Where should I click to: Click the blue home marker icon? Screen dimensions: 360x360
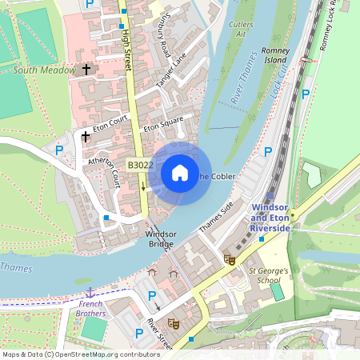[x=180, y=173]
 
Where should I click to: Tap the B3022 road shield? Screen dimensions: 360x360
[x=141, y=165]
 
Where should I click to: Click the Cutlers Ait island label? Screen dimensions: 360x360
[x=240, y=30]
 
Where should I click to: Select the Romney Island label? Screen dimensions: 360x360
[x=274, y=55]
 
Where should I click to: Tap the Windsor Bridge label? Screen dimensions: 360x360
[x=160, y=238]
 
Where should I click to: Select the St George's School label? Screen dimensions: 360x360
[x=274, y=275]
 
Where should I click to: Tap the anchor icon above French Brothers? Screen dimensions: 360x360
[x=90, y=293]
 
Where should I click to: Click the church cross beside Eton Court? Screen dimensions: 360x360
[x=86, y=137]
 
